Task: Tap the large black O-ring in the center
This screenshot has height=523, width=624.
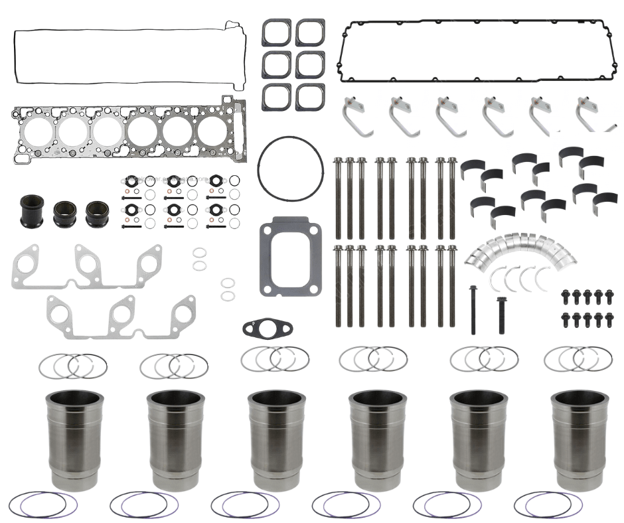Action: coord(288,169)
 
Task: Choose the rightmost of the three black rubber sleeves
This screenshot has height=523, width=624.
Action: coord(98,214)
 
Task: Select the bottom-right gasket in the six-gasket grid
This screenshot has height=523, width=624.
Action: coord(310,97)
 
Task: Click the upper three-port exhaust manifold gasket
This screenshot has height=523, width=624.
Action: coord(86,267)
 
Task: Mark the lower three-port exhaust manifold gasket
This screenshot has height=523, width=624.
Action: coord(121,317)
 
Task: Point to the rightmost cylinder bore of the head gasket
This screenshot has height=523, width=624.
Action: coord(212,131)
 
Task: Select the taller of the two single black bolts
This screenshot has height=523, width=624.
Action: coord(473,309)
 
